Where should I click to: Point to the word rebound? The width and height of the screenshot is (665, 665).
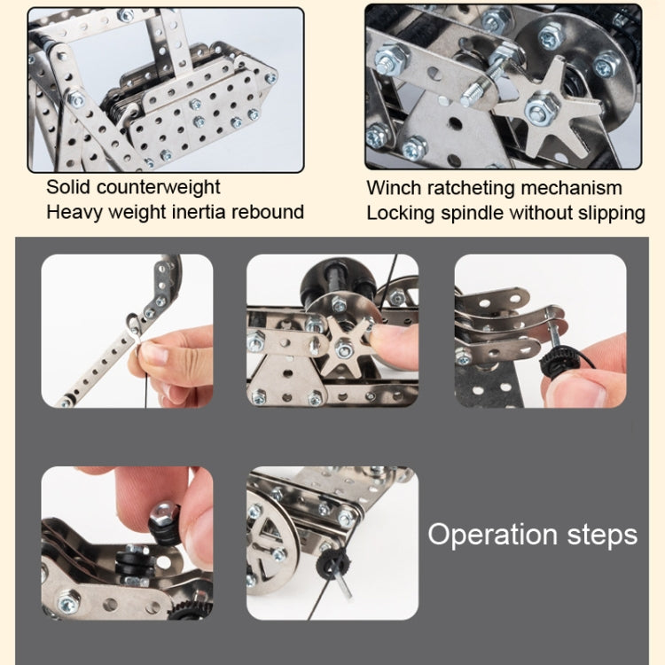coord(269,211)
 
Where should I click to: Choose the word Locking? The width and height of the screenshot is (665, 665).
coord(398,213)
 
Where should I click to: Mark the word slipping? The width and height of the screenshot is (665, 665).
coord(610,213)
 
